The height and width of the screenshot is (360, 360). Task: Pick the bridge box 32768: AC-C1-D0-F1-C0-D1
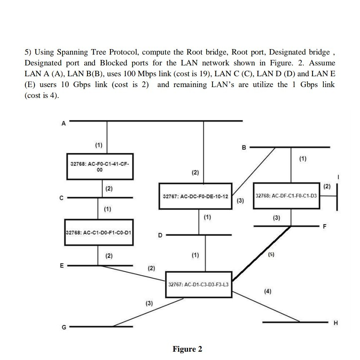99,232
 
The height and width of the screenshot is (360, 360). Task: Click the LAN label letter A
64,123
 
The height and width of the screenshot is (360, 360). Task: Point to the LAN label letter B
245,147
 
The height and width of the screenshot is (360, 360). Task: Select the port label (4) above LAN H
267,291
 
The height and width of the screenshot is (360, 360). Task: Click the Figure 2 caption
187,349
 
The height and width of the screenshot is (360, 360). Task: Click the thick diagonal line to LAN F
262,253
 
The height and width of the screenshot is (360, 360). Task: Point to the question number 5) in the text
28,52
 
